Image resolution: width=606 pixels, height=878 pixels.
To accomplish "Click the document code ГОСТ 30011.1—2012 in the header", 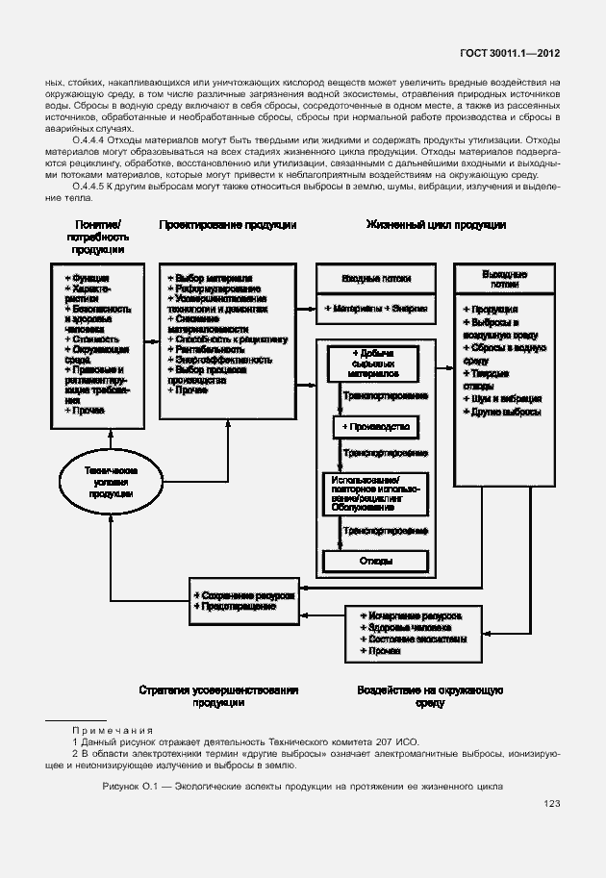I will (x=513, y=56).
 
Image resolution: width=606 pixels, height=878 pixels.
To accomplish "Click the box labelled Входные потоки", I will (x=376, y=278).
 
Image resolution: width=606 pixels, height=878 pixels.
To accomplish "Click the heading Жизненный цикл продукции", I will (x=436, y=224).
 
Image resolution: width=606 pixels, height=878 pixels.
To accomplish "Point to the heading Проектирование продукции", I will (x=228, y=224).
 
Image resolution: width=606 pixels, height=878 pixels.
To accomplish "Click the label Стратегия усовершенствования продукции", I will (x=217, y=696).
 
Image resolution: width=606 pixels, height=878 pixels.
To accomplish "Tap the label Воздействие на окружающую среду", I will (x=430, y=696).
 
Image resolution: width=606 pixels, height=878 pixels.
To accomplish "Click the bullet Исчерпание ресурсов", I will (x=414, y=614).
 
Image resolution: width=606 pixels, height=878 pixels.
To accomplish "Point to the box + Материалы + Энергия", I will (x=376, y=309).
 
